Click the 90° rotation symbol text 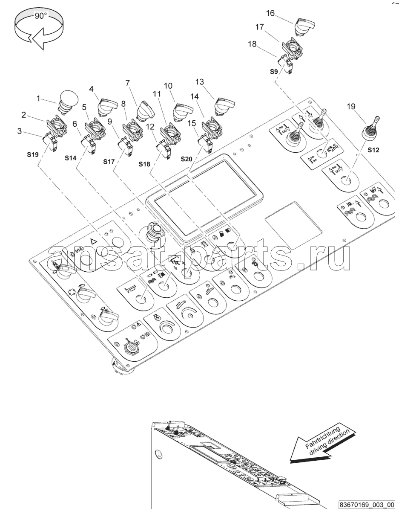[41, 16]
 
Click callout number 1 [38, 98]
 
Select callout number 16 [270, 13]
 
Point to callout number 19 [351, 107]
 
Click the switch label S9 [274, 72]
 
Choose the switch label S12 [373, 150]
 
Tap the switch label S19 [33, 154]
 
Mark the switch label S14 [71, 158]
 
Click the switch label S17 [109, 162]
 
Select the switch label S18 [144, 164]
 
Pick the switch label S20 [187, 159]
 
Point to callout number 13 [199, 82]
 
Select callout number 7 [127, 83]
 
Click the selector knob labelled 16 [304, 26]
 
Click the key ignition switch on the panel [130, 349]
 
